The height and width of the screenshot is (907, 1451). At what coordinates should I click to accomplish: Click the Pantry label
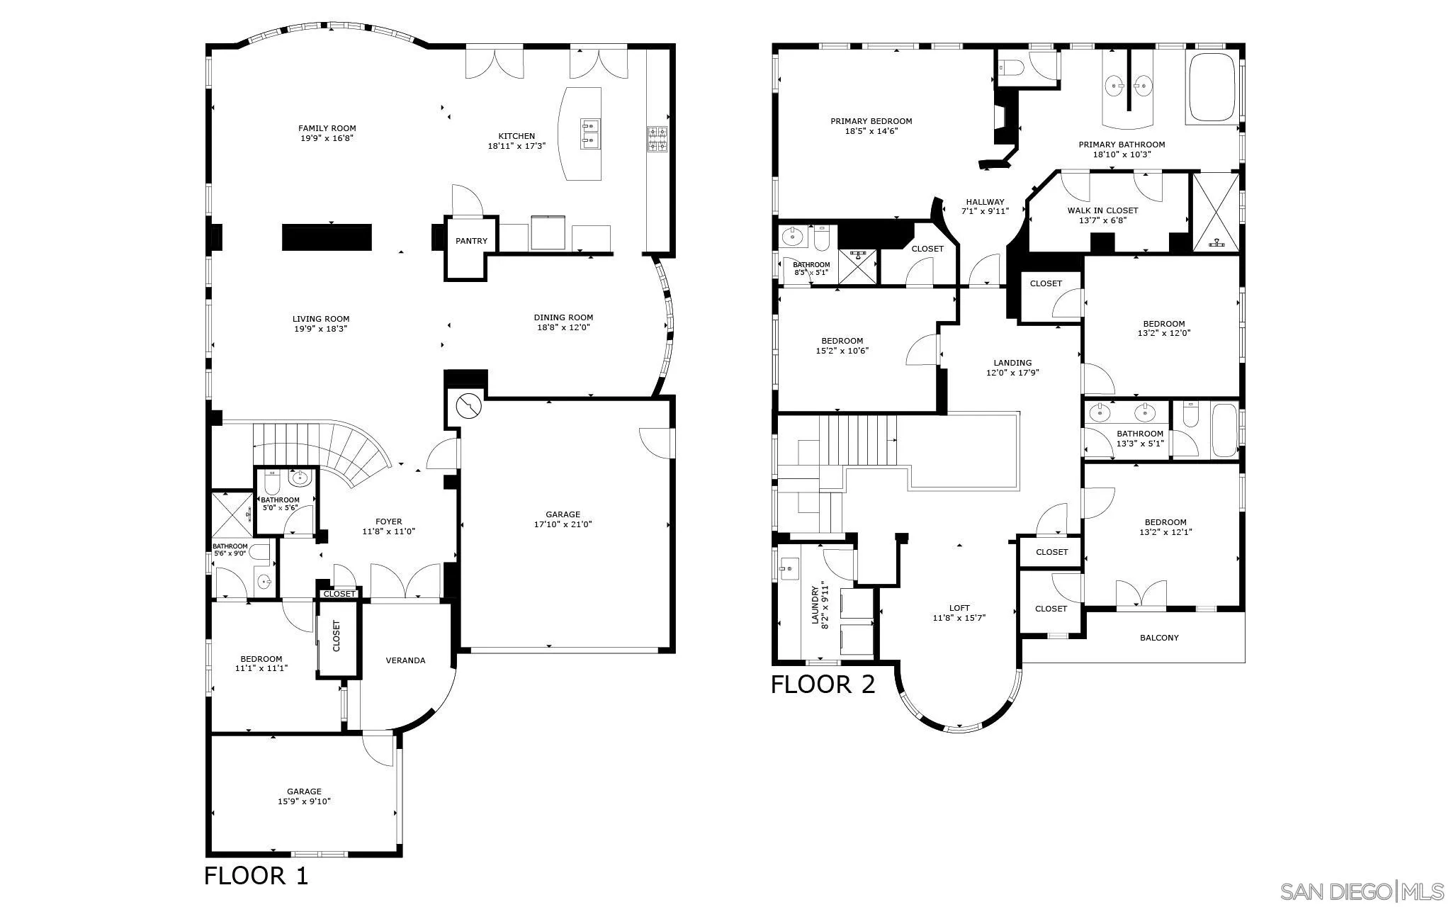[x=471, y=241]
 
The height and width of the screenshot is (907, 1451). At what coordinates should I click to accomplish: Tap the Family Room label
[x=327, y=128]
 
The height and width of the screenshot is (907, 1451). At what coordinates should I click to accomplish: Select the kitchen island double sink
[x=589, y=134]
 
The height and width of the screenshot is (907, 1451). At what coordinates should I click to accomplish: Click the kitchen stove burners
[x=657, y=139]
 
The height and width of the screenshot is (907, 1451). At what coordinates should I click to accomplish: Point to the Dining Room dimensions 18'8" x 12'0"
[x=563, y=327]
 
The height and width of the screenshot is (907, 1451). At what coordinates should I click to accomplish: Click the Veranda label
[x=405, y=660]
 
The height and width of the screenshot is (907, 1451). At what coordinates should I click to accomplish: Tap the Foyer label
[x=388, y=522]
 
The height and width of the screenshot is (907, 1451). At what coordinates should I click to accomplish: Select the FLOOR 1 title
[x=256, y=876]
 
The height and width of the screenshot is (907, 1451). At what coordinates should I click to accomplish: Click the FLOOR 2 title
[x=823, y=685]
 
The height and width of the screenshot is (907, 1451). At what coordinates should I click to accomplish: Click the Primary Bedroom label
[x=871, y=121]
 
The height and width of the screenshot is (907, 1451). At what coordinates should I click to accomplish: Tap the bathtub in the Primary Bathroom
[x=1213, y=87]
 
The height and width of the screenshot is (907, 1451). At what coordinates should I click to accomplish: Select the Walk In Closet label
[x=1102, y=210]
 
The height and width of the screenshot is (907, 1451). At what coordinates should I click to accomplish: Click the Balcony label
[x=1159, y=638]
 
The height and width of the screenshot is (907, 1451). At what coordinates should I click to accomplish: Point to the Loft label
[x=959, y=608]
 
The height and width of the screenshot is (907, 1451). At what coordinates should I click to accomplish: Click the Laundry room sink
[x=788, y=568]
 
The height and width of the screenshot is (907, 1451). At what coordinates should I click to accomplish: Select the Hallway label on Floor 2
[x=985, y=202]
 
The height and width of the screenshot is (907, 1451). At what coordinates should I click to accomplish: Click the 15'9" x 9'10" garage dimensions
[x=304, y=801]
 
